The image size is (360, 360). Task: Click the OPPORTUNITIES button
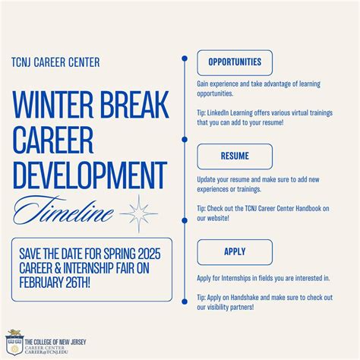point(235,62)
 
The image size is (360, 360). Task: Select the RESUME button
point(235,156)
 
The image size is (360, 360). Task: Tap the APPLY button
point(235,251)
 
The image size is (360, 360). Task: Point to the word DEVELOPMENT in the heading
point(89,174)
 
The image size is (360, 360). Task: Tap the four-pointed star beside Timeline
point(139,213)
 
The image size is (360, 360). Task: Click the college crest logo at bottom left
point(12,343)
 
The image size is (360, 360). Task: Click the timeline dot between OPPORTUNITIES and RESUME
point(185,140)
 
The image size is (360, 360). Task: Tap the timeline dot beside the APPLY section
point(185,301)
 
